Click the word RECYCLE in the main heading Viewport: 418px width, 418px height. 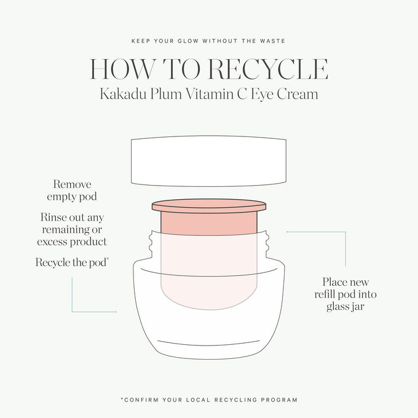coord(267,69)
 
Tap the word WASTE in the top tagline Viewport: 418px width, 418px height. coord(272,41)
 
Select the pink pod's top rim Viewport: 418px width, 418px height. coord(209,204)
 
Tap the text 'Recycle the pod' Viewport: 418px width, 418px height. coord(72,262)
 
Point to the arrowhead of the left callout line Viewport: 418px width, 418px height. coord(116,312)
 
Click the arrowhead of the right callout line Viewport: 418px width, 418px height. coord(288,232)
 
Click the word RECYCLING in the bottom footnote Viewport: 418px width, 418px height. coord(238,400)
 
